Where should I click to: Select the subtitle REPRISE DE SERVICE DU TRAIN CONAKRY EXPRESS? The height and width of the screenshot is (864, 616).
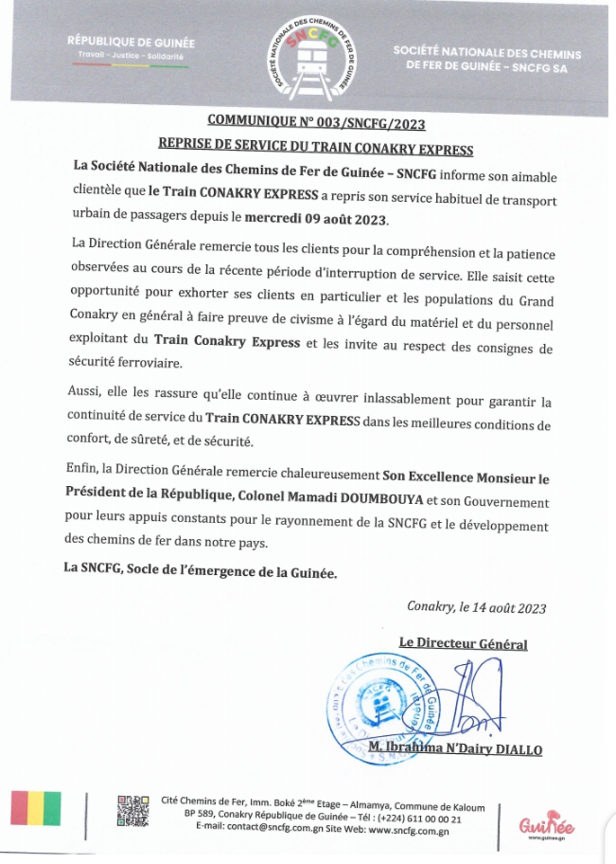(315, 149)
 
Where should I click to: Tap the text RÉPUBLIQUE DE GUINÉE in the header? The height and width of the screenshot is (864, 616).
(131, 42)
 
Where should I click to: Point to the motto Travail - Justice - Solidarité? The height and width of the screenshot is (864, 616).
(132, 56)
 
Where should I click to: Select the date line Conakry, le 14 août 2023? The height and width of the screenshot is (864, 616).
(476, 607)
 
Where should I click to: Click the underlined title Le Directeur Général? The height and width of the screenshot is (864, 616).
(463, 643)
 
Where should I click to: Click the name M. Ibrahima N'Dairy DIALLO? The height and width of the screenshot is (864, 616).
(455, 749)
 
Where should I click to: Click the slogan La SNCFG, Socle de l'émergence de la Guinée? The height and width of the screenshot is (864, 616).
(200, 571)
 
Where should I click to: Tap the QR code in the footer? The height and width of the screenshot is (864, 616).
(133, 811)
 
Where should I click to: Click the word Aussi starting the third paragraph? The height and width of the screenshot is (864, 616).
(84, 391)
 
